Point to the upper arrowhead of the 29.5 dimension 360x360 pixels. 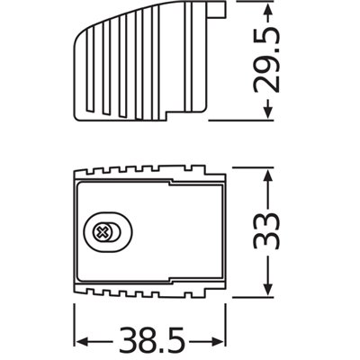click(x=267, y=11)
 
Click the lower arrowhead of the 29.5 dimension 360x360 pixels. click(x=267, y=112)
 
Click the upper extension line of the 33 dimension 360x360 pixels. click(x=247, y=166)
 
